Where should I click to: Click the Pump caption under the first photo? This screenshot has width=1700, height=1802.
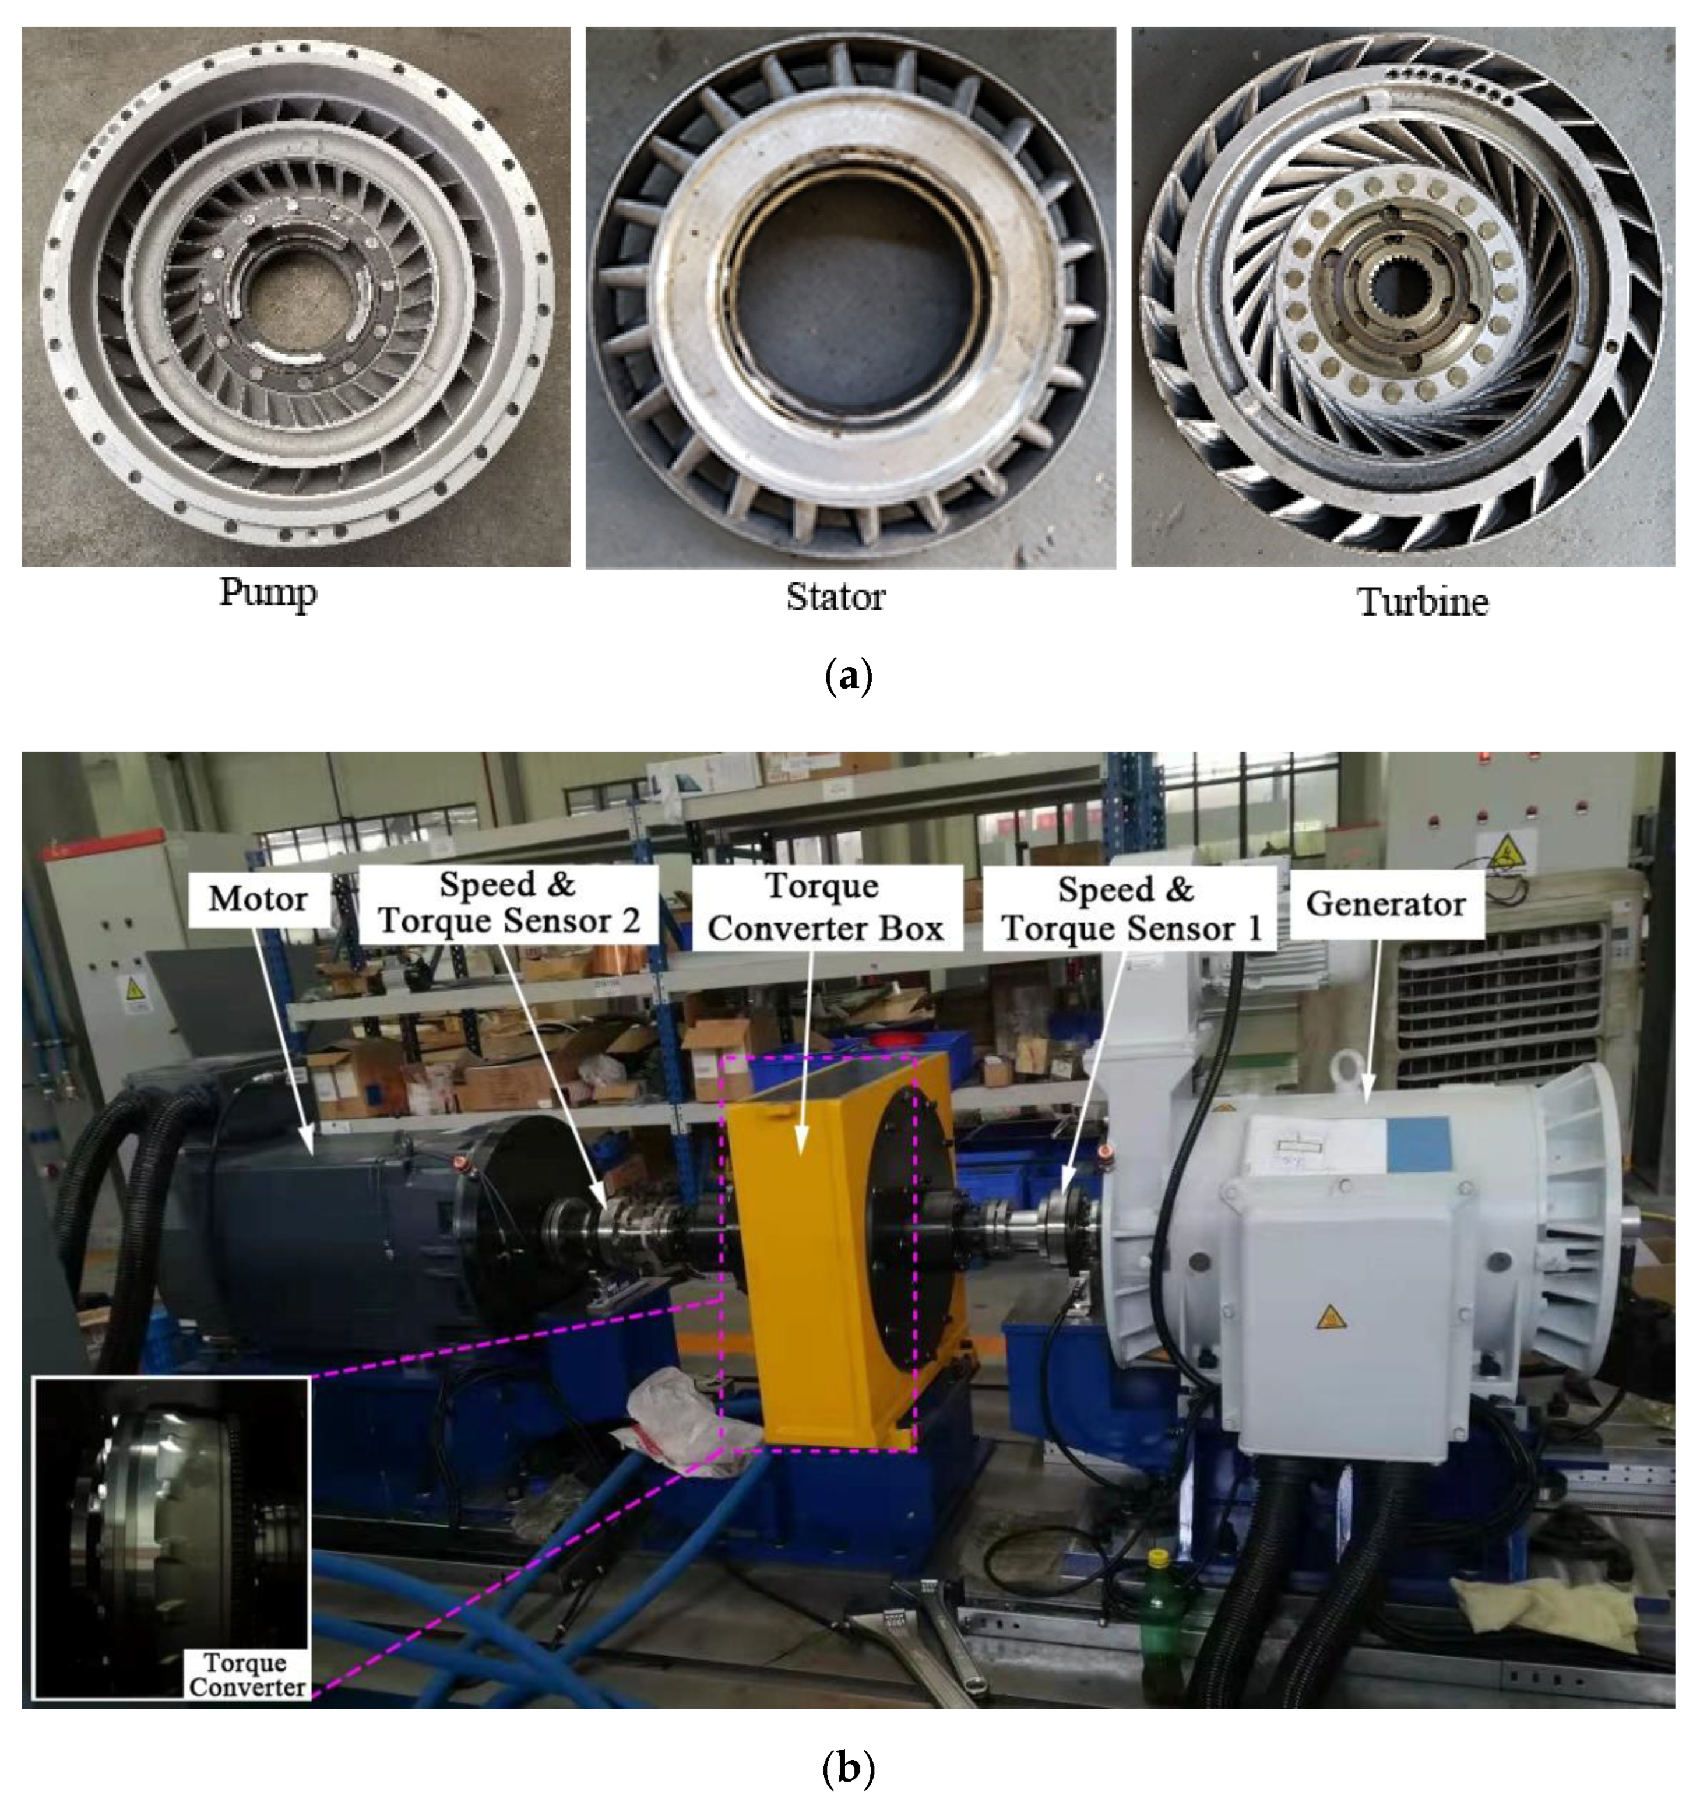click(x=268, y=593)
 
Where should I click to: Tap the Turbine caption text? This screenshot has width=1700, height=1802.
click(x=1422, y=601)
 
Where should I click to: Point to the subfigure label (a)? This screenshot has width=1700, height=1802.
click(x=849, y=677)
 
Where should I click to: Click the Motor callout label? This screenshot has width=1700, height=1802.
click(x=258, y=899)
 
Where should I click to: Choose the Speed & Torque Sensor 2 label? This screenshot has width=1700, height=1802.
click(x=508, y=903)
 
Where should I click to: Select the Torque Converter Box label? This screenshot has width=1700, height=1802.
click(x=825, y=907)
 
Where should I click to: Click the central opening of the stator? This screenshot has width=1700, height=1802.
click(x=850, y=290)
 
